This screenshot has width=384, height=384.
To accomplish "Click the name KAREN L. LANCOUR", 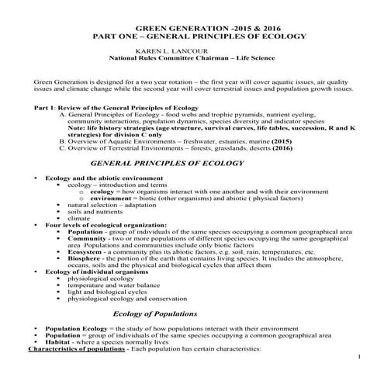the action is coord(168,49).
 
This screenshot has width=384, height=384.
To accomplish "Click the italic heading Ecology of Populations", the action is coord(161,313).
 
